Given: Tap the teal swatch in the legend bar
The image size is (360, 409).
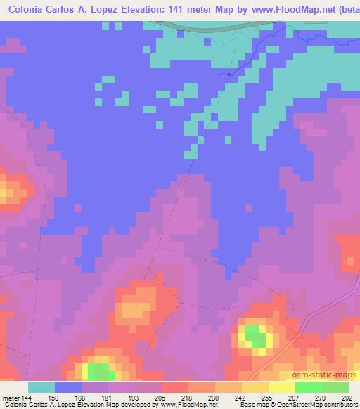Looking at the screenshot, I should [x=41, y=387].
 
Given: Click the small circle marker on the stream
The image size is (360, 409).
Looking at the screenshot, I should [x=229, y=73].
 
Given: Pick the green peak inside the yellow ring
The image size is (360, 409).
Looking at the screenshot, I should [x=256, y=339].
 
